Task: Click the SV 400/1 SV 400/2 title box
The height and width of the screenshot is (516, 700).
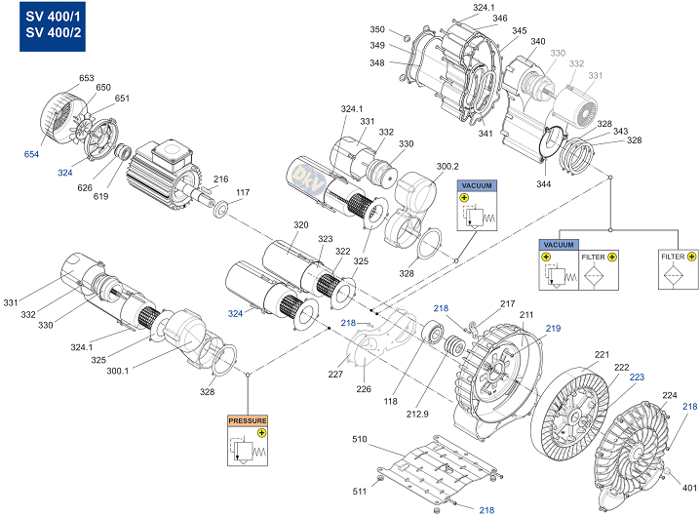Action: (53, 26)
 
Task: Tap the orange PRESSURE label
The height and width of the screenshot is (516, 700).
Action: (248, 420)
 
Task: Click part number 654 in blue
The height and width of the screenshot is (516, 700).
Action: (31, 154)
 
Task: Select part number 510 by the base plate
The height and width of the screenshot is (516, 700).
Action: (360, 439)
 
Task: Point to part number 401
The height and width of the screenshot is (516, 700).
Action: (689, 488)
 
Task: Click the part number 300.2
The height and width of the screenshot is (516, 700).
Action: (447, 166)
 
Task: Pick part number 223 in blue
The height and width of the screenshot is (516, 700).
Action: (637, 377)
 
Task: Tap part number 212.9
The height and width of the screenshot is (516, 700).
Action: (417, 415)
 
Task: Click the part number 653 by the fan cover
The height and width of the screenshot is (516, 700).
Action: (86, 78)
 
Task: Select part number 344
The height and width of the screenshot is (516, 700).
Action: (543, 183)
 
